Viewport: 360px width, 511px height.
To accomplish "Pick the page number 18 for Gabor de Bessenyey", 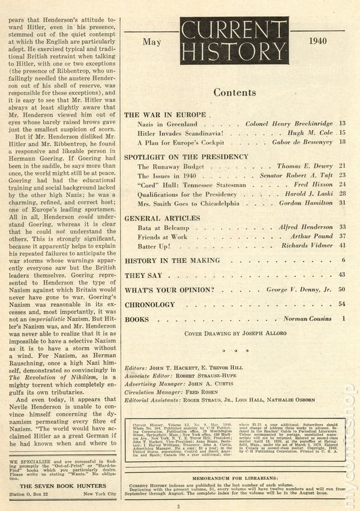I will (x=342, y=142).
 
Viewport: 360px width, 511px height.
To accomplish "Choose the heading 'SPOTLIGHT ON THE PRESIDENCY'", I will (x=186, y=156).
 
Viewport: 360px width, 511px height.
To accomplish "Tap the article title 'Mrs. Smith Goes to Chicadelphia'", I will (x=189, y=203).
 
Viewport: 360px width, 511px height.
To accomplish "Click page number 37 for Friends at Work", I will (x=342, y=236).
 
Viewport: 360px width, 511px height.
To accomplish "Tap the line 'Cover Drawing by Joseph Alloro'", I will (x=235, y=333).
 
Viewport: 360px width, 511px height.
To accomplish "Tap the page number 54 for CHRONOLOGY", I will (x=342, y=304).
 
